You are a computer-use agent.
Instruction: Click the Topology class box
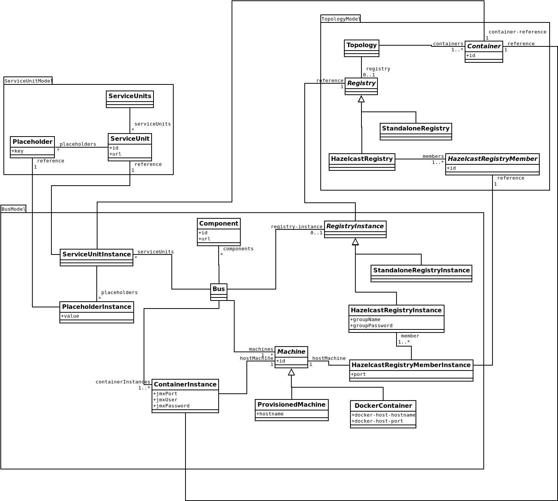coord(361,48)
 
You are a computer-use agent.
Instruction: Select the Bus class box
coord(219,292)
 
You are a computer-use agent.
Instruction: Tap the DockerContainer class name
coord(383,406)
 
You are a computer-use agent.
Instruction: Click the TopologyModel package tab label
coord(341,19)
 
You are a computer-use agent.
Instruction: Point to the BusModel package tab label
coord(13,209)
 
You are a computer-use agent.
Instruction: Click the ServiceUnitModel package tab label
coord(28,81)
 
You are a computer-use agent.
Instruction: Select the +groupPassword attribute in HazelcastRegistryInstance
coord(371,326)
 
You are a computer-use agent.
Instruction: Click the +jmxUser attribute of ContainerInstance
coord(165,400)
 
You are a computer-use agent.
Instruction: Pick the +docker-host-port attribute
coord(377,421)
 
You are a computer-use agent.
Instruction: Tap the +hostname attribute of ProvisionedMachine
coord(270,414)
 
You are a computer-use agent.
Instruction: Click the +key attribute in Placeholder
coord(18,151)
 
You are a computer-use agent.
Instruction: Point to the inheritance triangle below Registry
coord(361,99)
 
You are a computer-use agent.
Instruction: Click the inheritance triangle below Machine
coord(291,372)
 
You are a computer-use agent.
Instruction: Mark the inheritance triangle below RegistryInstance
coord(355,242)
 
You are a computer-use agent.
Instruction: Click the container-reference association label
coord(517,32)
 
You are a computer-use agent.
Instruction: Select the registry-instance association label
coord(297,227)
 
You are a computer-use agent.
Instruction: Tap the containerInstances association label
coord(123,382)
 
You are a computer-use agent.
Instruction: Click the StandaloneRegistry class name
coord(416,128)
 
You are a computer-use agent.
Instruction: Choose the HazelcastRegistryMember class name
coord(492,159)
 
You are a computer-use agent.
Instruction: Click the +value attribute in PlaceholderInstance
coord(70,316)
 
